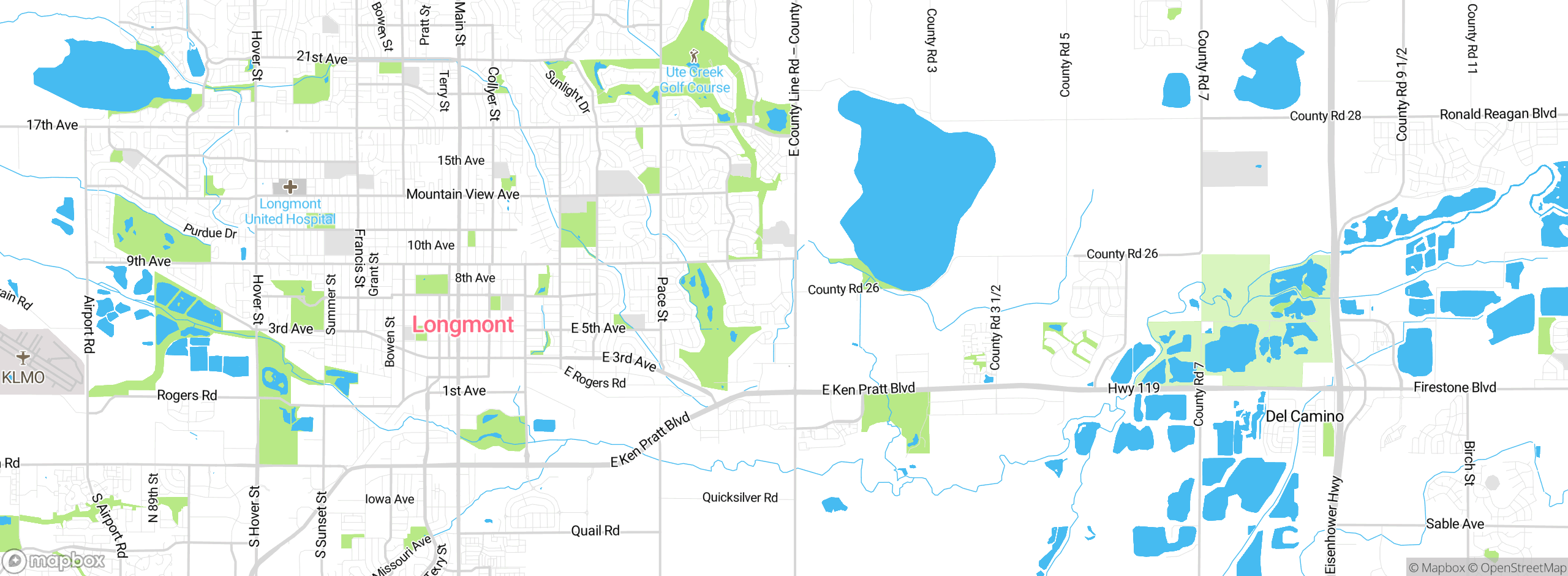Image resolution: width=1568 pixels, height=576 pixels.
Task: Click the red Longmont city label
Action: (462, 325)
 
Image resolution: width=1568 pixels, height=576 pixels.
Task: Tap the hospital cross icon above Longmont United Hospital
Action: (290, 186)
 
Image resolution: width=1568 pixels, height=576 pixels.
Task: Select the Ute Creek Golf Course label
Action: (695, 80)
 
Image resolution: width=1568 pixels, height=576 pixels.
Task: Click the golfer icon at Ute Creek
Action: (693, 56)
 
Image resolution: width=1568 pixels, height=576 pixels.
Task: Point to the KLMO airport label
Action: (23, 377)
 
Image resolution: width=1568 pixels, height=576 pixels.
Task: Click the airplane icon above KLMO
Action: (23, 357)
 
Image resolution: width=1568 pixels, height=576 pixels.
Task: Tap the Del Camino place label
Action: (1304, 417)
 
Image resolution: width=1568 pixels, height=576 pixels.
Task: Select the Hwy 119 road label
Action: (1133, 388)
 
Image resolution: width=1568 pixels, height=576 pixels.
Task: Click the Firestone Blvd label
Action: (1454, 387)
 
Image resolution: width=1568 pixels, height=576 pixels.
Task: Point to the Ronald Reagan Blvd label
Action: (1498, 114)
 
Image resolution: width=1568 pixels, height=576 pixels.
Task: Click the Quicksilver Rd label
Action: (739, 498)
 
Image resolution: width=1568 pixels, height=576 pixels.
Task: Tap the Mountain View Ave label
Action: (462, 194)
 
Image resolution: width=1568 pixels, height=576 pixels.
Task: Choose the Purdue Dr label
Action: (210, 232)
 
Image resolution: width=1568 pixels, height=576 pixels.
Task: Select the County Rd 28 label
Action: (1325, 116)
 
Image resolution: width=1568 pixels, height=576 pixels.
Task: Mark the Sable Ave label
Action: (1454, 524)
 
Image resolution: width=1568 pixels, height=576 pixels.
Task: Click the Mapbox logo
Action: (54, 560)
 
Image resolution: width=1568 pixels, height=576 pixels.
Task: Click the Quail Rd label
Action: (595, 531)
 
